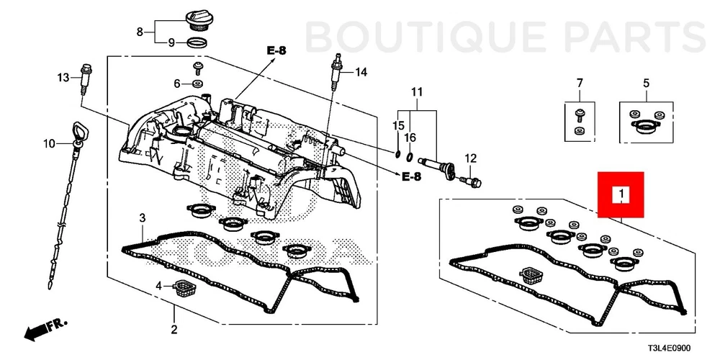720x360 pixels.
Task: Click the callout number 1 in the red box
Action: click(x=621, y=194)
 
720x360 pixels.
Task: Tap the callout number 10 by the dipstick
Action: click(x=48, y=144)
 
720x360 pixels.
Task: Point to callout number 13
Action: click(x=63, y=77)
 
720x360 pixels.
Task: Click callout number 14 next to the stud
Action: click(x=360, y=71)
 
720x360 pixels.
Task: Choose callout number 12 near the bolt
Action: click(x=470, y=158)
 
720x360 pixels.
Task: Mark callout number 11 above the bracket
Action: click(x=415, y=91)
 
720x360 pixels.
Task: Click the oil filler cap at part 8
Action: click(x=198, y=19)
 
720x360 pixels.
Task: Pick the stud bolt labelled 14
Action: click(x=335, y=72)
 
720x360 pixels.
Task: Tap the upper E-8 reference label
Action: click(x=276, y=50)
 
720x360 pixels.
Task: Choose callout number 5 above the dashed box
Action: click(x=646, y=84)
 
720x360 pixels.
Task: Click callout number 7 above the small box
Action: click(x=578, y=84)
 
